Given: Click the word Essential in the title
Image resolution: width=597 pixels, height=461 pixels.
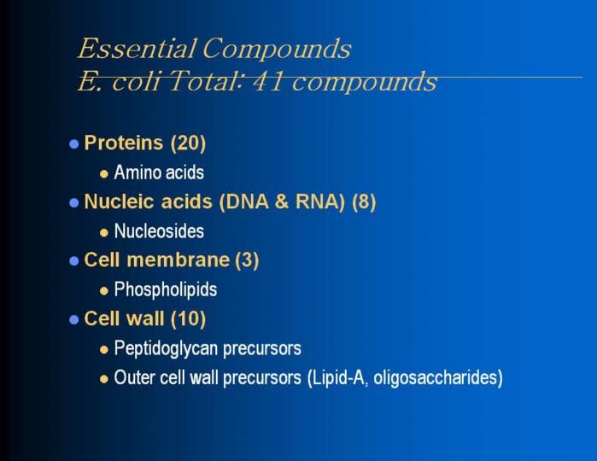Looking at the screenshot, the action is click(137, 49).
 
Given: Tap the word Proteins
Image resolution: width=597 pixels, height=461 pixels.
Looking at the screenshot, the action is click(123, 143).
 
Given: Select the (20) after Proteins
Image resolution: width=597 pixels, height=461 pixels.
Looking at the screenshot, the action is click(188, 143).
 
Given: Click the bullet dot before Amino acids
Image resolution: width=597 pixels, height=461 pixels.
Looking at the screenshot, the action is click(104, 174).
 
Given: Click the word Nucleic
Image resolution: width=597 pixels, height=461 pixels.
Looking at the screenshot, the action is click(120, 201).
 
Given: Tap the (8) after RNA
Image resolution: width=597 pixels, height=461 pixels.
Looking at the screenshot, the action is click(364, 201).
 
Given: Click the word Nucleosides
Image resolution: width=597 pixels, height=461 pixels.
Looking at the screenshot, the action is click(159, 230).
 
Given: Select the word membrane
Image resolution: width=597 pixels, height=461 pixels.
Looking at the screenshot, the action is click(178, 260).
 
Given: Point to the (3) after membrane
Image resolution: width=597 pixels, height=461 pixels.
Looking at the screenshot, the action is click(247, 260).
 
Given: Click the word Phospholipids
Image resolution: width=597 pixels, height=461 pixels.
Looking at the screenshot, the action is click(165, 289).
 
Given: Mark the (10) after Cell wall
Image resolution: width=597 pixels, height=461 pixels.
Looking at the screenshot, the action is click(188, 318).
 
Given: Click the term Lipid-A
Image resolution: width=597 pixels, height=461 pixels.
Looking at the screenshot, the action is click(338, 377).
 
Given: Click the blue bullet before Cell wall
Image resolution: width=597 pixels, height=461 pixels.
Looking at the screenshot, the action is click(73, 319).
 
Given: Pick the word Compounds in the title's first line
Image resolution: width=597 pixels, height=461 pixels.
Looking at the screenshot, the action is click(277, 49).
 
